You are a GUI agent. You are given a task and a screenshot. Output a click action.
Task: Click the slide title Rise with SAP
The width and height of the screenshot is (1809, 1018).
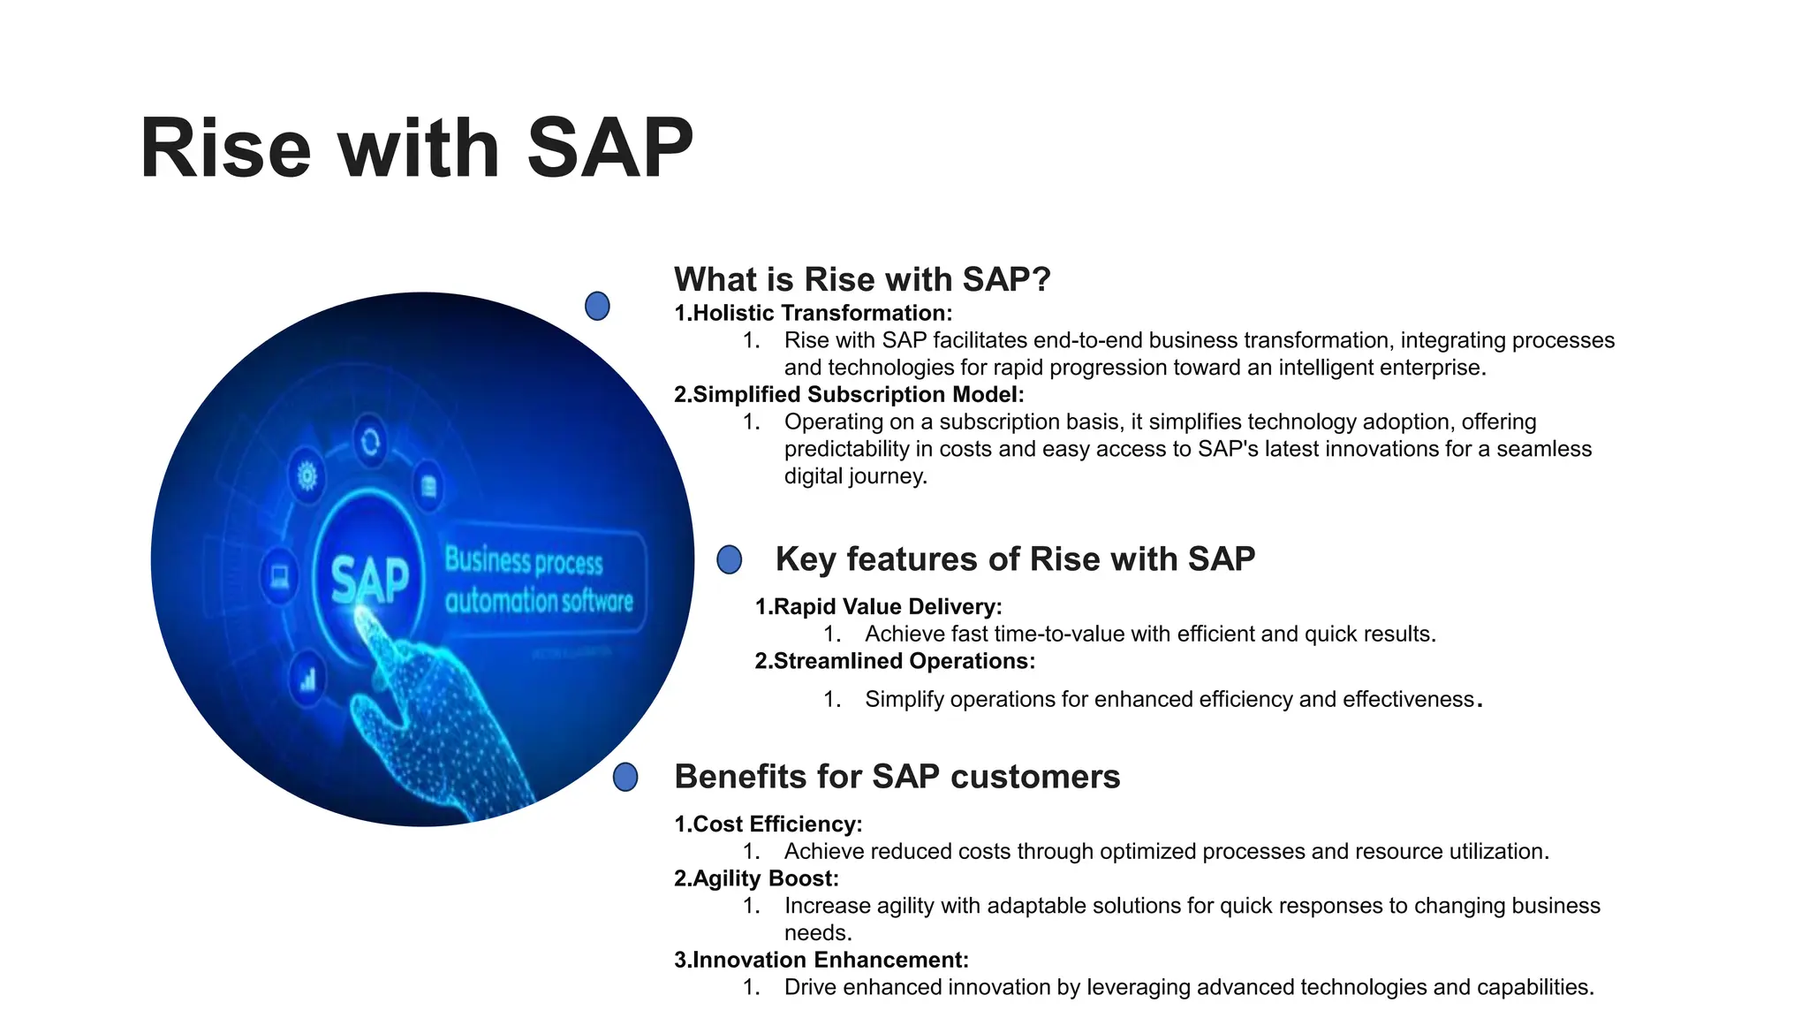point(416,148)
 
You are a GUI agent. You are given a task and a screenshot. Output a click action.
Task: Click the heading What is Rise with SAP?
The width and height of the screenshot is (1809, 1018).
point(862,279)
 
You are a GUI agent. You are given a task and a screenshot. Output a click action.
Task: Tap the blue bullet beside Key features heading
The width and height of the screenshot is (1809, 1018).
point(729,559)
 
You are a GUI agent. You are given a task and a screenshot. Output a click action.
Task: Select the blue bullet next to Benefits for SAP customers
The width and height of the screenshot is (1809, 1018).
point(625,777)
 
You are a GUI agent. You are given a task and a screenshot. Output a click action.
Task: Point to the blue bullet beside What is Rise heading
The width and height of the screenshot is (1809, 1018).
point(597,306)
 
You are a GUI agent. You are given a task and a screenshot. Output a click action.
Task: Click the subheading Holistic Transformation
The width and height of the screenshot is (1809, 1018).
point(813,313)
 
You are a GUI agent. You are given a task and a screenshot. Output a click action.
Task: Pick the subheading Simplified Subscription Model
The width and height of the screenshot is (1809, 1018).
point(849,394)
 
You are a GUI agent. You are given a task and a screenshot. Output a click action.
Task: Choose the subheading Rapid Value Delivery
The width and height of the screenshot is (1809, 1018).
point(878,606)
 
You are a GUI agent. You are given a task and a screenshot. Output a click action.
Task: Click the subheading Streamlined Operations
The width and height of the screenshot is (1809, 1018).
point(894,661)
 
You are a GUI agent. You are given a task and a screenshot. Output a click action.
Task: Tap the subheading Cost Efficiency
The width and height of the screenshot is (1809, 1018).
point(768,824)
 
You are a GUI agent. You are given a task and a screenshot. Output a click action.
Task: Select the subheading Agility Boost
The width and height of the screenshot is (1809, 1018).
point(756,878)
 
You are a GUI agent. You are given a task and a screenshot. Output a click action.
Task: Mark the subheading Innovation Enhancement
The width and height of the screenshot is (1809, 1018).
point(821,960)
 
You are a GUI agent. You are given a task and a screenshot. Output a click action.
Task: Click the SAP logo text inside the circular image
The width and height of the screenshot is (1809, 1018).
point(370,580)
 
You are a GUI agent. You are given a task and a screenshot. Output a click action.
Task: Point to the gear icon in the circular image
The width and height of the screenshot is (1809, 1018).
point(307,477)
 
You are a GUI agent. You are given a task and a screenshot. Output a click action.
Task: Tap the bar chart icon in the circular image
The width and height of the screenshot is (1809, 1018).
point(307,679)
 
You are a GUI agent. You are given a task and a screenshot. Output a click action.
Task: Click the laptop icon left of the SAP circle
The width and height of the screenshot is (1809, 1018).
point(280,577)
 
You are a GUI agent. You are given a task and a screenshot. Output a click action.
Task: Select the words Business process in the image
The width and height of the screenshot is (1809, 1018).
point(523,561)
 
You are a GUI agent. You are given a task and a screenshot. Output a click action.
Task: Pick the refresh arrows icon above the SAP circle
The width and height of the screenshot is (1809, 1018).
point(370,441)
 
